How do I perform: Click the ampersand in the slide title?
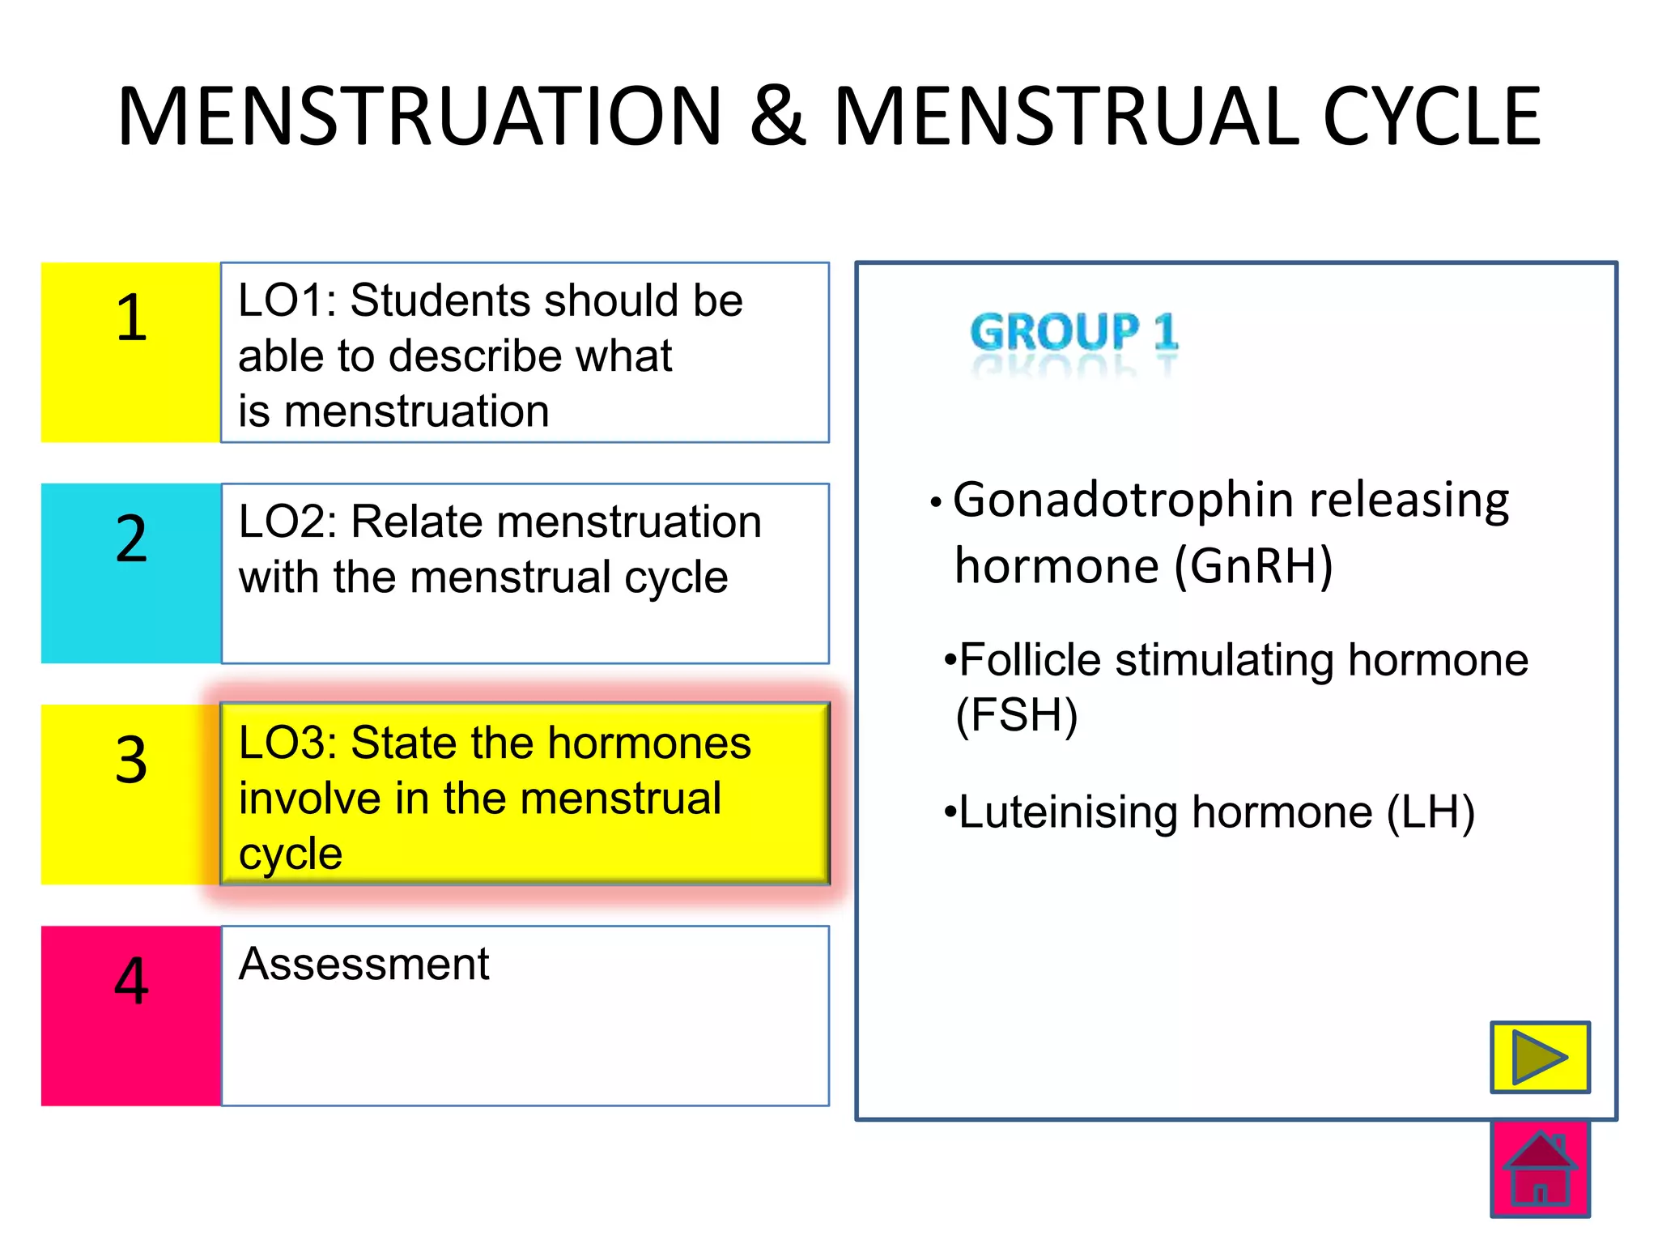[778, 117]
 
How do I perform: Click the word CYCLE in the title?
[1431, 117]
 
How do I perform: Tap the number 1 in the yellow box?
[131, 317]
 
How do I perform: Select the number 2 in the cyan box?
[131, 539]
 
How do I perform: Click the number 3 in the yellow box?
[131, 760]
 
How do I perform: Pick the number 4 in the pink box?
[131, 981]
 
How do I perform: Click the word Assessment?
[363, 964]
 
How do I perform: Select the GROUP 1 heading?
[1074, 332]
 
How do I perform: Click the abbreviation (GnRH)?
[1253, 565]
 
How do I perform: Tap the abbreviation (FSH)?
[1017, 715]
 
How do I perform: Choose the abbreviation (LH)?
[1431, 812]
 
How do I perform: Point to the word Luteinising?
[1068, 812]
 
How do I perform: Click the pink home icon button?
[1540, 1169]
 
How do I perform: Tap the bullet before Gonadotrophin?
[936, 503]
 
